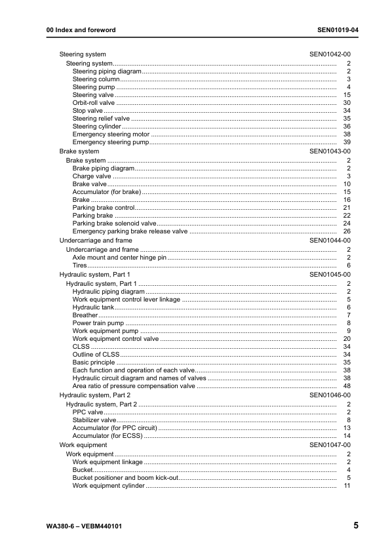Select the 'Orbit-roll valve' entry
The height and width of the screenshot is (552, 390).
pos(93,103)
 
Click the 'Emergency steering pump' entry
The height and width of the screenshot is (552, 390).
pos(111,142)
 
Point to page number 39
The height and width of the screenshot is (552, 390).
pos(347,142)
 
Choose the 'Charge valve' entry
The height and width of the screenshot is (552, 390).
pos(92,176)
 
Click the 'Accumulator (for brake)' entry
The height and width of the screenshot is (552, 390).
pos(107,192)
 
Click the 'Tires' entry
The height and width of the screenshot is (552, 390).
pos(80,266)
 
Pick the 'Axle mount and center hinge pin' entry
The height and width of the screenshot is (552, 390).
pos(119,258)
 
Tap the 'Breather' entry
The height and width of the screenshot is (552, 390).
pos(85,315)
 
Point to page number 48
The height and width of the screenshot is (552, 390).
pos(347,386)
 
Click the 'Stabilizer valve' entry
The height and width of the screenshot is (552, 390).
pos(94,420)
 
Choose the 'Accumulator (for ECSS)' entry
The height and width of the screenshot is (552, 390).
pos(107,436)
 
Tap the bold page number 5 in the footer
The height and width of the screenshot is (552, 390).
pos(355,526)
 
